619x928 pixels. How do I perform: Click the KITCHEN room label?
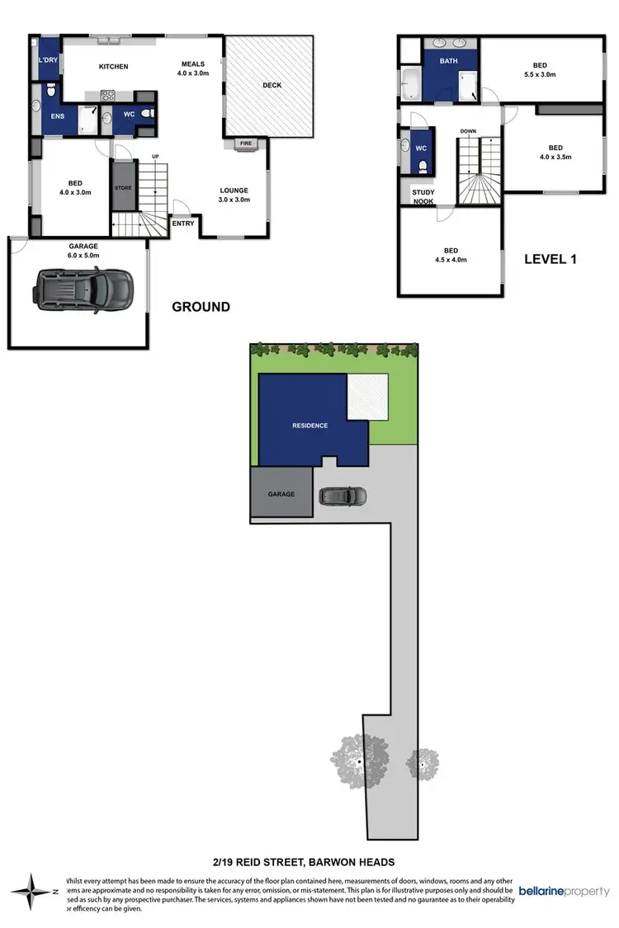(113, 66)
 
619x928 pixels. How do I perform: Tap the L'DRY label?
(47, 61)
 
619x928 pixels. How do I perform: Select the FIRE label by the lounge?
(245, 144)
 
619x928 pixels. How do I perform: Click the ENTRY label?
(182, 224)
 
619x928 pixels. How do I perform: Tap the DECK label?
(272, 85)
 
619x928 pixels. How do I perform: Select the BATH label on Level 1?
(448, 61)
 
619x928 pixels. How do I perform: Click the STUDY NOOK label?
(423, 197)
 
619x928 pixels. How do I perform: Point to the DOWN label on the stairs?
(468, 131)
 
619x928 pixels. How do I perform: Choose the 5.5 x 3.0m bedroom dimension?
(539, 74)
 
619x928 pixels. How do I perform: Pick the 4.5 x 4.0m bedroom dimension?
(451, 261)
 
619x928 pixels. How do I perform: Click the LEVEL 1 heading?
(550, 259)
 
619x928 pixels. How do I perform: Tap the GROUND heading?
(201, 307)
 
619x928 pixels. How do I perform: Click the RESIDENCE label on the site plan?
(309, 426)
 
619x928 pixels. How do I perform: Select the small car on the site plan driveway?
(343, 496)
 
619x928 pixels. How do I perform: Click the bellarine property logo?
(564, 892)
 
